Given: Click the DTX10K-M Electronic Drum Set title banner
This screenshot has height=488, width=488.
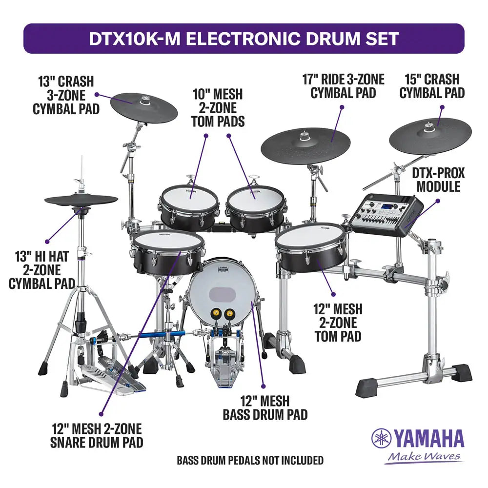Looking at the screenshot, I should (x=244, y=39).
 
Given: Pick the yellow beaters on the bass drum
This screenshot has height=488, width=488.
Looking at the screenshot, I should (x=223, y=313).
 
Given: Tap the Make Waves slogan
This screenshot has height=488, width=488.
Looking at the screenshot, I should (x=423, y=457).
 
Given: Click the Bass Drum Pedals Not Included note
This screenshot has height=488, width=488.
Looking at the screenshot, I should (x=250, y=460).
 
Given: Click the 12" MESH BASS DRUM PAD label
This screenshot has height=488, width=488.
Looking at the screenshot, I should (x=265, y=408).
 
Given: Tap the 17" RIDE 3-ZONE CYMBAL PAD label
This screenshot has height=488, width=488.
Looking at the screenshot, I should (x=347, y=85).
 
